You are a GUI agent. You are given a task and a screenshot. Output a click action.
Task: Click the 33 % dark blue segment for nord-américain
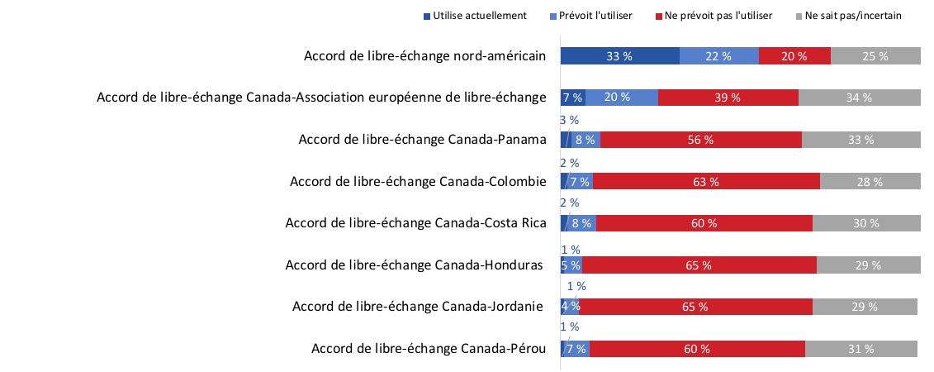[619, 56]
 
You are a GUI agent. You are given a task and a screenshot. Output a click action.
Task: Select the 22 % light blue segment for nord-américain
[718, 56]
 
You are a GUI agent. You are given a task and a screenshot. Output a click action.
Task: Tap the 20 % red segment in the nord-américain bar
[794, 56]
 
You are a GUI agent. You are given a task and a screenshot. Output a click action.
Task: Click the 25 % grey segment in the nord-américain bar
[875, 56]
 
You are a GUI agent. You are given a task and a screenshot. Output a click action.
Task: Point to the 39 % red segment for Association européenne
[728, 98]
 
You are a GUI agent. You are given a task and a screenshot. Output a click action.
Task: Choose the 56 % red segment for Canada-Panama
[700, 140]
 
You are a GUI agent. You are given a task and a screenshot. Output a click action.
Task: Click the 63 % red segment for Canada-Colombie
[706, 181]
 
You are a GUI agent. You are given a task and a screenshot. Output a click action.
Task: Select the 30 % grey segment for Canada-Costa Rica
[866, 223]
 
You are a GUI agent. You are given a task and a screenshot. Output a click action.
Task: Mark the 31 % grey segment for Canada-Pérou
[862, 349]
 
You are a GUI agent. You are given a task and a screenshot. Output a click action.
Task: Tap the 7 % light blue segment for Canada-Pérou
[576, 349]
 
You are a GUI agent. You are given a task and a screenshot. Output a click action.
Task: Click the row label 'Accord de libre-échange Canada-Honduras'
[414, 265]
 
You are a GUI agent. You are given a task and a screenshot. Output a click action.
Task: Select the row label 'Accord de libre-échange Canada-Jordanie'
[417, 307]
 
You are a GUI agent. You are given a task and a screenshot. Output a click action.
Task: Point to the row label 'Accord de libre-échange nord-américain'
[424, 56]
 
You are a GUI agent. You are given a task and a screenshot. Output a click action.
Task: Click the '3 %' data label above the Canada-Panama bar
[569, 121]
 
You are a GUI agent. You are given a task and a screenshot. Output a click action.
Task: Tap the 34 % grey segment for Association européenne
[859, 98]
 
